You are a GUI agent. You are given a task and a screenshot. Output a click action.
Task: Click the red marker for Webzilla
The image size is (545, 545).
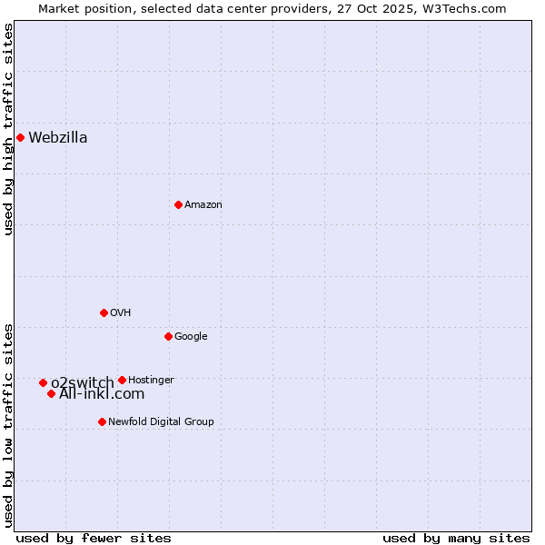(20, 138)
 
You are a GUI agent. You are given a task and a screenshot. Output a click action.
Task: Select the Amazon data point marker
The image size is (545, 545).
(178, 204)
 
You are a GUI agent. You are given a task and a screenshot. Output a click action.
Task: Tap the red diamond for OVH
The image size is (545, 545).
(104, 312)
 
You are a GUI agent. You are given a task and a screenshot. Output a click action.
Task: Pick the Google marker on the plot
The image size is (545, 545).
(168, 336)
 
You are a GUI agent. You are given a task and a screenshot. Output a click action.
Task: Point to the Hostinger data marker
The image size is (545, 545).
(122, 380)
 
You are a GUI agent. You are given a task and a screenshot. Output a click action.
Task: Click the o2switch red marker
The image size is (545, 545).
(43, 383)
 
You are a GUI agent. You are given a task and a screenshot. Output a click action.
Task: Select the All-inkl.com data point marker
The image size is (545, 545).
(52, 393)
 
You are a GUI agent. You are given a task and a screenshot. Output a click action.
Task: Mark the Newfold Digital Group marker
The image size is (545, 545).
(102, 421)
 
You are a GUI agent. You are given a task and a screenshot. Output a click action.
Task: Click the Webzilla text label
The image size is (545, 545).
(57, 138)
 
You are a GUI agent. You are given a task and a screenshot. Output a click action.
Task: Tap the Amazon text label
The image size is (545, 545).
(203, 204)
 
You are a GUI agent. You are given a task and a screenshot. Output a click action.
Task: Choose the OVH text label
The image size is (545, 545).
(120, 312)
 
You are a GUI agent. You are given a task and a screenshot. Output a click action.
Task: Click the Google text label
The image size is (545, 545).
(191, 336)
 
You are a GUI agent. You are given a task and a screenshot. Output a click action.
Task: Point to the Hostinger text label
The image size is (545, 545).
(151, 380)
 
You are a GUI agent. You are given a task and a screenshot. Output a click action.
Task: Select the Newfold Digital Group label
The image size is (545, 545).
(161, 421)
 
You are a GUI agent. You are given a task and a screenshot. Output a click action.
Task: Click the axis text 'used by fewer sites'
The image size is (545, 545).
(94, 538)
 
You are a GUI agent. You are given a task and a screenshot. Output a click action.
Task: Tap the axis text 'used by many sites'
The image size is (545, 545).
(456, 538)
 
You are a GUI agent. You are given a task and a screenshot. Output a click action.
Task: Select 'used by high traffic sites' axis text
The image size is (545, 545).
(8, 129)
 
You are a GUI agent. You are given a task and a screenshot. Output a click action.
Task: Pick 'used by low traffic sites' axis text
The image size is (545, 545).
(8, 425)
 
